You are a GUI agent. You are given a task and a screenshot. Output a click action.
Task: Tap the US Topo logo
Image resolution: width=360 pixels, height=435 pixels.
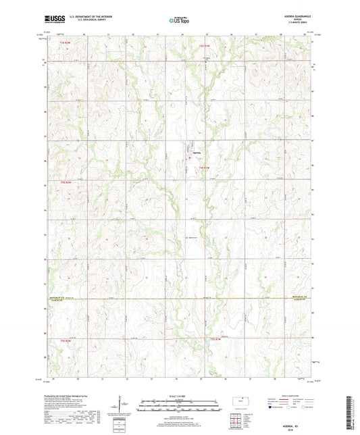pyautogui.click(x=179, y=20)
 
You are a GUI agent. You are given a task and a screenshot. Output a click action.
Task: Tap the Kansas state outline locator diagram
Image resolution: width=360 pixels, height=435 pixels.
pyautogui.click(x=242, y=404)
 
